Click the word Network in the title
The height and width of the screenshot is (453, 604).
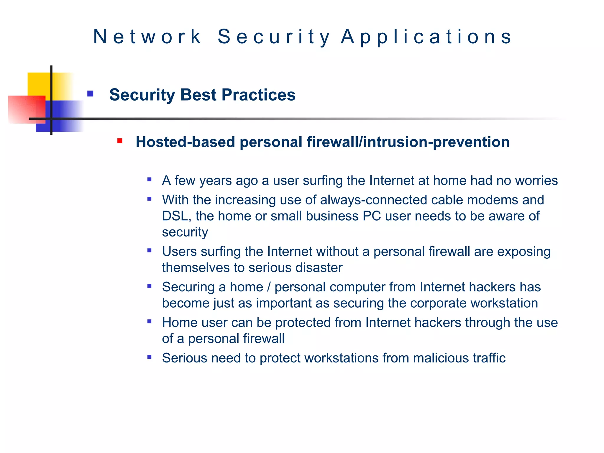pos(147,37)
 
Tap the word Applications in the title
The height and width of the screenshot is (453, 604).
pos(427,37)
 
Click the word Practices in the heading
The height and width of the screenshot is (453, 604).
pos(258,95)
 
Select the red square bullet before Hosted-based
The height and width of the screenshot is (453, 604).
pos(120,141)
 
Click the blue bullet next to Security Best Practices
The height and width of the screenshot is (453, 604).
pos(90,94)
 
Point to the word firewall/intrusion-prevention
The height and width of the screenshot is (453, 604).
pos(408,142)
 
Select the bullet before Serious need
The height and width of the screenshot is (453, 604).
pos(150,357)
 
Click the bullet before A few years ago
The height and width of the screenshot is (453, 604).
pos(150,179)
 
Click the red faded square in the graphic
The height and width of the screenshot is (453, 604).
pos(22,109)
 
